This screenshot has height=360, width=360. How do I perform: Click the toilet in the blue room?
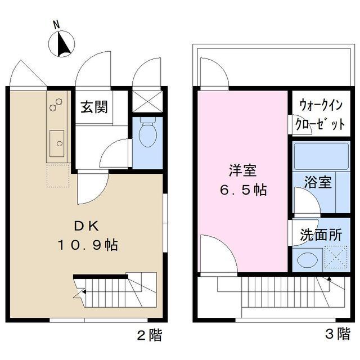147,134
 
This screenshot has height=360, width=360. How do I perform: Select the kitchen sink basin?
57,143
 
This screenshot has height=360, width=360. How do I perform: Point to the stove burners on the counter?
56,105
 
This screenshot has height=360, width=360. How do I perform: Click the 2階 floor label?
150,336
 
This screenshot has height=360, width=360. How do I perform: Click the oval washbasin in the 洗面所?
307,260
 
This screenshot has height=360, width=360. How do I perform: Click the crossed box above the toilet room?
147,101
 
